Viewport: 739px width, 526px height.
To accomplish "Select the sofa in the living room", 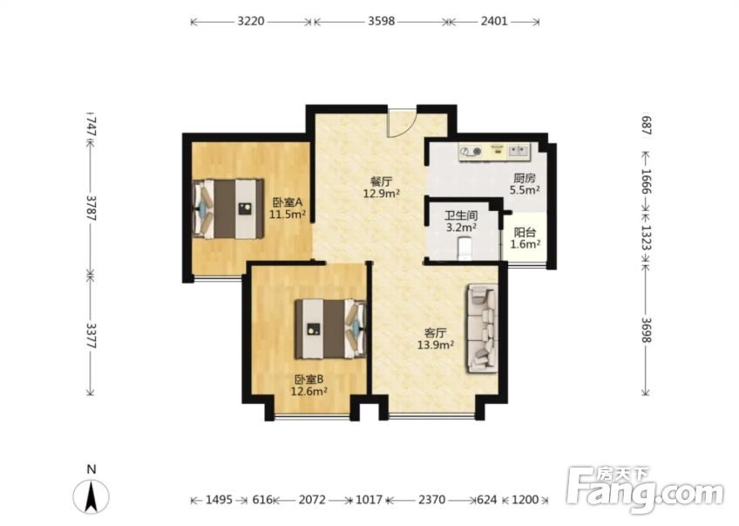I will click(482, 328).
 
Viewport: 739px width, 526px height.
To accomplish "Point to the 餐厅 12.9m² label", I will click(381, 188).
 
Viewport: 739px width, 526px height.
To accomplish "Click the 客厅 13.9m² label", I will click(435, 338).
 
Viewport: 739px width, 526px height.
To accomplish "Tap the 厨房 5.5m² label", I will click(525, 183).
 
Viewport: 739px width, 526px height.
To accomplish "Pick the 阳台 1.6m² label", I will click(525, 238).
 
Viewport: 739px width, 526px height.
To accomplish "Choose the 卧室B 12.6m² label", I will click(308, 385).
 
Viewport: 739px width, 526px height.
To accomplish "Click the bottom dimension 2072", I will click(311, 500).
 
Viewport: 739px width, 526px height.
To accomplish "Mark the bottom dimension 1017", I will click(369, 500).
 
